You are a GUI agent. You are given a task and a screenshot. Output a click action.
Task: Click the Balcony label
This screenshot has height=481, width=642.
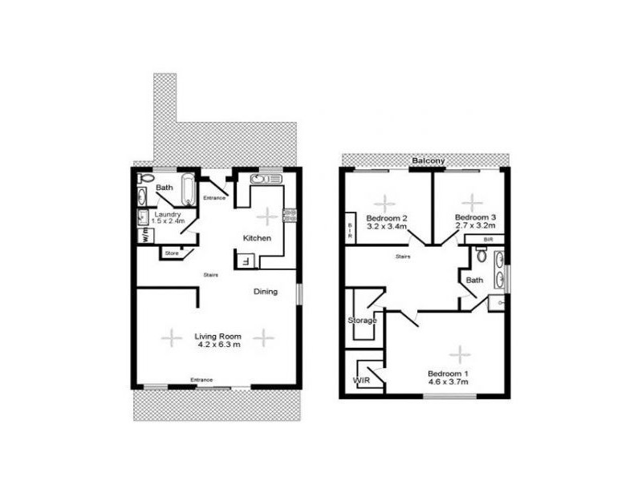429,161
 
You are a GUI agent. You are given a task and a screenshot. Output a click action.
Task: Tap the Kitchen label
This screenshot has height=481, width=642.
258,238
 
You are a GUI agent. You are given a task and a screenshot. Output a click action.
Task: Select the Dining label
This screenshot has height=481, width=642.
266,292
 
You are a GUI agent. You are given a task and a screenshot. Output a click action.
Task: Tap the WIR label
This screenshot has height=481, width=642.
360,381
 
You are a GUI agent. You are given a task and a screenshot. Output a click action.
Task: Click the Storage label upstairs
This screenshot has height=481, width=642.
362,321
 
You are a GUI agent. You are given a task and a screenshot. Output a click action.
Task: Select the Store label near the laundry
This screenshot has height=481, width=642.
171,253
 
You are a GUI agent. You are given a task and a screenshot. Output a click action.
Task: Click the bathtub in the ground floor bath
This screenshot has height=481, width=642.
188,190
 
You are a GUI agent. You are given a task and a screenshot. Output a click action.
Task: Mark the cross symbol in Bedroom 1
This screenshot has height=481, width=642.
459,353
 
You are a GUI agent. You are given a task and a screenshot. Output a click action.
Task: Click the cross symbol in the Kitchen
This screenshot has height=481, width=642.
266,215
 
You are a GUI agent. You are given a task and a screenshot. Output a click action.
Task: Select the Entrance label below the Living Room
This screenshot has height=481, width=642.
201,380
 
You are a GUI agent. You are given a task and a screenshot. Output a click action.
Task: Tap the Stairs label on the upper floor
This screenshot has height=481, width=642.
404,257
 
